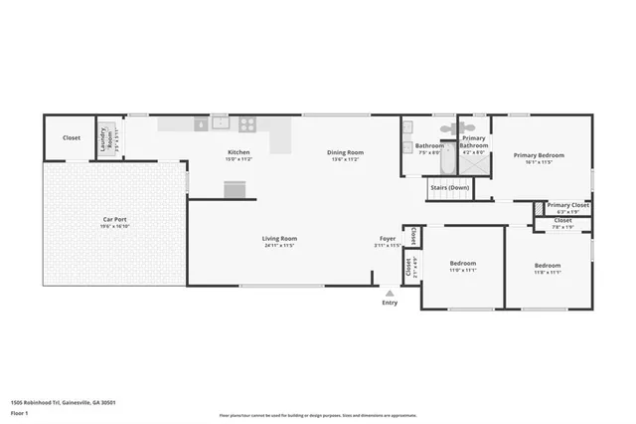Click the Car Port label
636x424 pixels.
coord(114,219)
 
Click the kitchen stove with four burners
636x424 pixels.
coord(246,124)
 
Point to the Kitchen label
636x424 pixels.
coord(238,152)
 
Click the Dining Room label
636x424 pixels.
coord(346,152)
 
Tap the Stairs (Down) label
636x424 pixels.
coord(449,187)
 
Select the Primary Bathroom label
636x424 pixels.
coord(474,142)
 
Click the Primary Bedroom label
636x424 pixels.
coord(538,155)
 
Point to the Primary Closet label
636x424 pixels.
coord(567,205)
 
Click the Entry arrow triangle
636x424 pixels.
coord(390,293)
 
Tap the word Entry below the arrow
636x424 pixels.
coord(390,303)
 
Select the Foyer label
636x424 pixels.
coord(388,238)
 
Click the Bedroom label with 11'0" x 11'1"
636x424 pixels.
coord(463,264)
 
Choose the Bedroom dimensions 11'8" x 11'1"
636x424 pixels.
coord(547,272)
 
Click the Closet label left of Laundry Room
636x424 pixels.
coord(72,138)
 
